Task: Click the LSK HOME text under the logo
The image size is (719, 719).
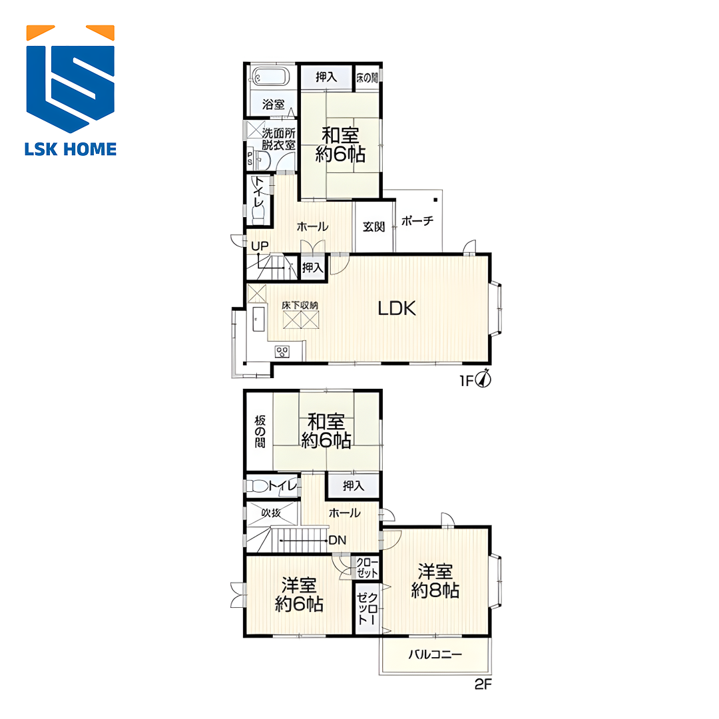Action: (71, 150)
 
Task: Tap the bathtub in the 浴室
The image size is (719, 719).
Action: (272, 77)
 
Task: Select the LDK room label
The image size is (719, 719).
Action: (397, 309)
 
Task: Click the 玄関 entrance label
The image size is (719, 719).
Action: (373, 226)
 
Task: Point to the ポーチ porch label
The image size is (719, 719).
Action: (417, 221)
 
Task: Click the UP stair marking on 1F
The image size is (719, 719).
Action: (260, 246)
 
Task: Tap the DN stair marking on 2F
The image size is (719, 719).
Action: (338, 540)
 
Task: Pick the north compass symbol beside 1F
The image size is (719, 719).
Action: (484, 379)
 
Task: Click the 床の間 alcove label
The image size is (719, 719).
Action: (367, 77)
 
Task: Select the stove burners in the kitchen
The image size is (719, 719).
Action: (282, 352)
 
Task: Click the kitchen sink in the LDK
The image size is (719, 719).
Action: (258, 319)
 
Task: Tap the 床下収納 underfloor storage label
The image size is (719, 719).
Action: (300, 305)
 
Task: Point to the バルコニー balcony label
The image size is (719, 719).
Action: (435, 654)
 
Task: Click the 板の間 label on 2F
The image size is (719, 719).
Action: (260, 431)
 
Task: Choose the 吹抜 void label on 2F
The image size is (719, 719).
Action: (271, 513)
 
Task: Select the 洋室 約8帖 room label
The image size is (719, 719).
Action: (435, 581)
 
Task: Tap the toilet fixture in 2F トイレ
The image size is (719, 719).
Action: (258, 485)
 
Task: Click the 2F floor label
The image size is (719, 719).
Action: (483, 684)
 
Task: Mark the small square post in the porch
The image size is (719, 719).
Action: (435, 200)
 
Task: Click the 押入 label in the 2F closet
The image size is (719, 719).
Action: (353, 485)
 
